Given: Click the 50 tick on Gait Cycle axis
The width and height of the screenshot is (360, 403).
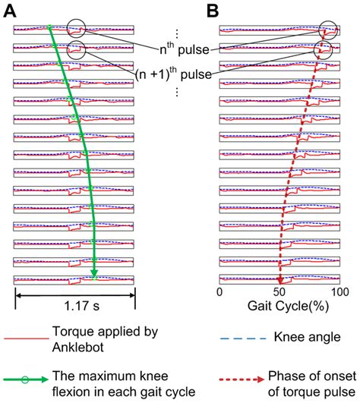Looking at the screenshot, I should [279, 292].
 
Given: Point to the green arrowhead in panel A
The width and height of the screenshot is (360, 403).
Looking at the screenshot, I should [94, 274].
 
